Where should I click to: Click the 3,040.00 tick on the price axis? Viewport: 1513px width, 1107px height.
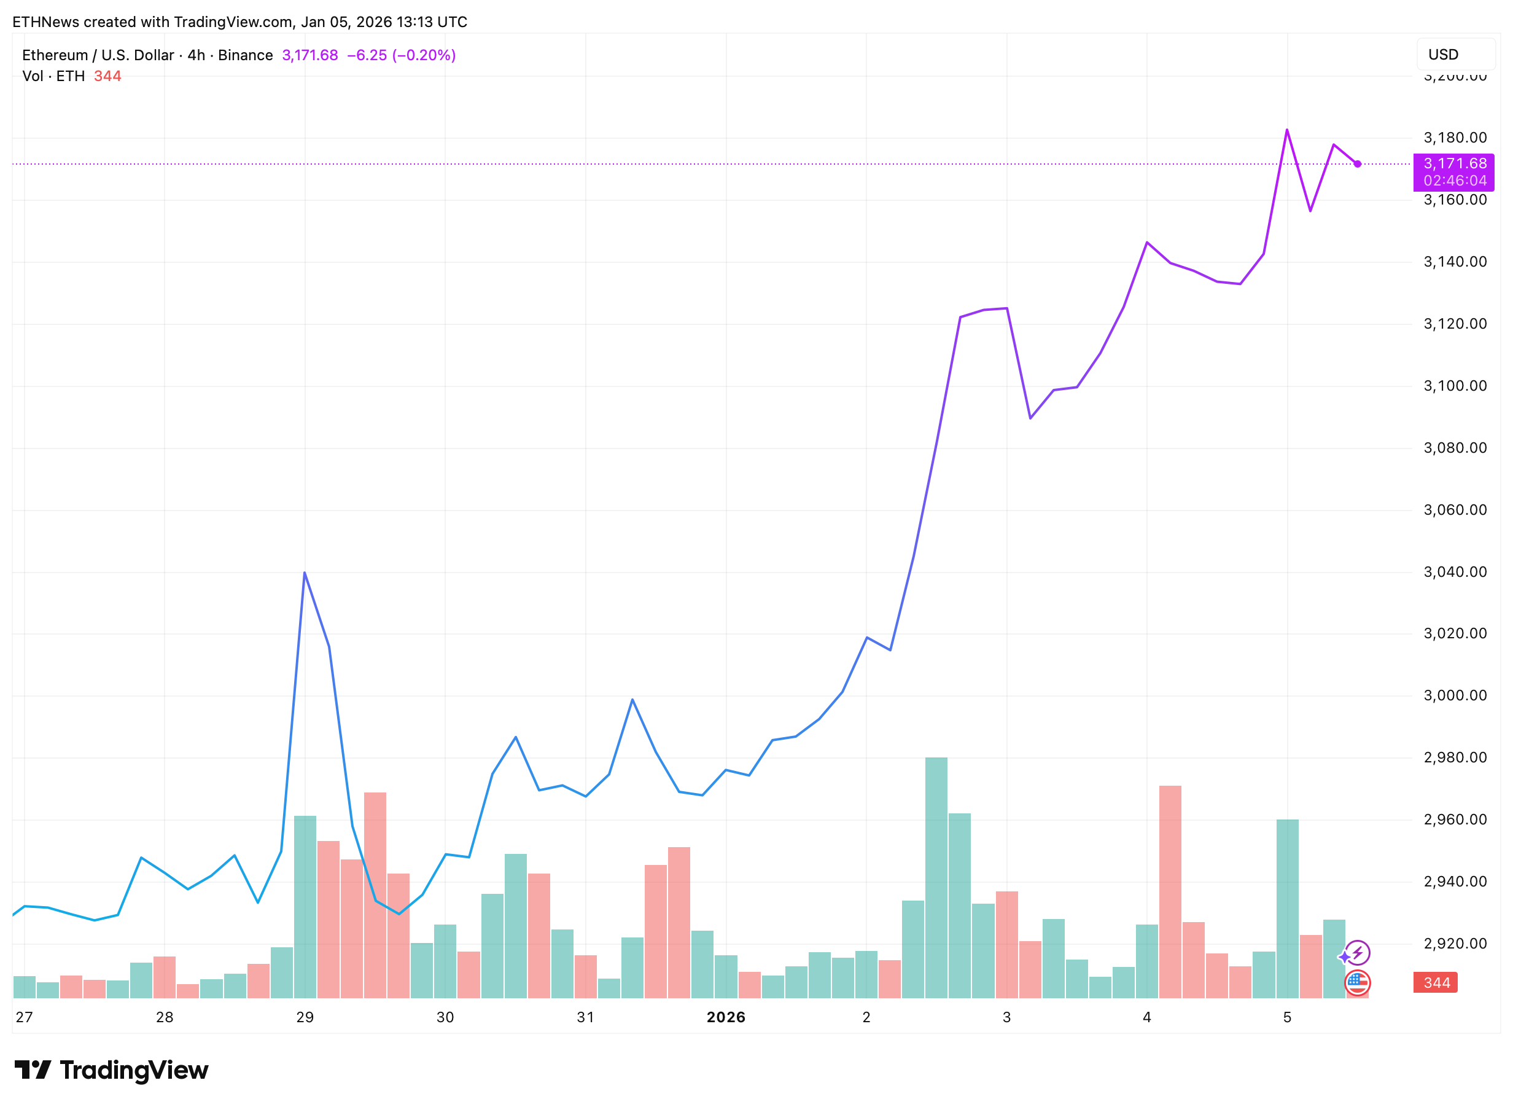click(x=1454, y=571)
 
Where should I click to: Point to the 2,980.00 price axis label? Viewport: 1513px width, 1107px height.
click(x=1454, y=757)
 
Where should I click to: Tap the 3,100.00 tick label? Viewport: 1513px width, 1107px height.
click(x=1454, y=386)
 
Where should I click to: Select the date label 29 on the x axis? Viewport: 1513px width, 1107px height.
click(x=305, y=1017)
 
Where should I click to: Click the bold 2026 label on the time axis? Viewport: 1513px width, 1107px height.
click(x=725, y=1017)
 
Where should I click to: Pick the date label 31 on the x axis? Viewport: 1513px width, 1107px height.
click(x=585, y=1017)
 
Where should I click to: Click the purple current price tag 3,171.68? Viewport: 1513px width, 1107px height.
click(x=1454, y=163)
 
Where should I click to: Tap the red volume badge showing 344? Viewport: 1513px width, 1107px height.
click(x=1435, y=982)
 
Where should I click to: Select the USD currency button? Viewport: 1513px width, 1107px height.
click(x=1455, y=55)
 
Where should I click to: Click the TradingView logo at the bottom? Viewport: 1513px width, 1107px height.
click(x=111, y=1070)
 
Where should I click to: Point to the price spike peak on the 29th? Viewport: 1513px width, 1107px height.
click(x=305, y=573)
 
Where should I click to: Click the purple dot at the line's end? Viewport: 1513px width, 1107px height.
click(x=1357, y=164)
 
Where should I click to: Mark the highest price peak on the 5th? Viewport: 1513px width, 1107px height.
click(x=1286, y=130)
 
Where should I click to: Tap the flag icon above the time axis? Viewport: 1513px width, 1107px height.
click(x=1357, y=982)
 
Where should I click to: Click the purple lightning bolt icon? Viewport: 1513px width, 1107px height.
click(x=1358, y=952)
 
